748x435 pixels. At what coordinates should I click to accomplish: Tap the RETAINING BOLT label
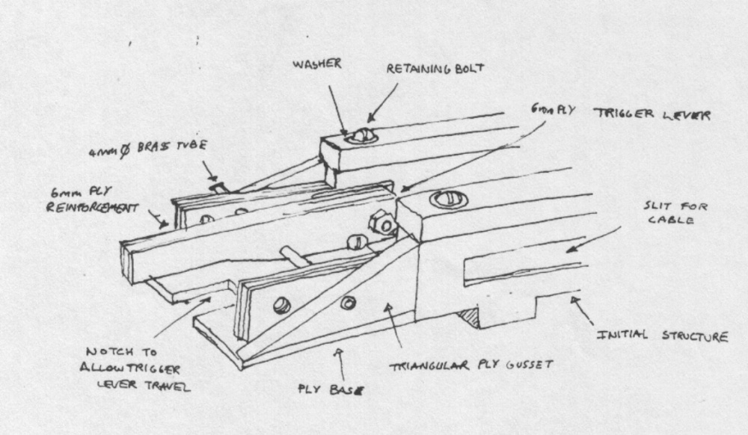pyautogui.click(x=435, y=69)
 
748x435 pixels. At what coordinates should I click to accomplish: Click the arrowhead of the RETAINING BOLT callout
pyautogui.click(x=368, y=120)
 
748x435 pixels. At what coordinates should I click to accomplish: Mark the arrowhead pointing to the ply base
pyautogui.click(x=337, y=350)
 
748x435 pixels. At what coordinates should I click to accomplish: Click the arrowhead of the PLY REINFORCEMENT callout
pyautogui.click(x=165, y=223)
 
